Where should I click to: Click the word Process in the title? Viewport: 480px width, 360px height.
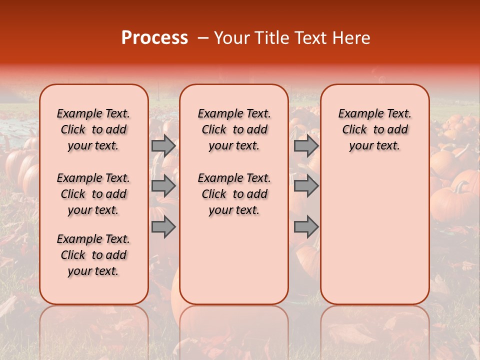coord(154,38)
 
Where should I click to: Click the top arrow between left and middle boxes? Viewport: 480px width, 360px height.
coord(163,145)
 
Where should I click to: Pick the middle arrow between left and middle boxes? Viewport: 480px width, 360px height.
coord(163,186)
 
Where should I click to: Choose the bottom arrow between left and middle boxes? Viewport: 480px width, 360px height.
coord(163,227)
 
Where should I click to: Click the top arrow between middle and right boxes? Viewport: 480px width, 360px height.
coord(306,145)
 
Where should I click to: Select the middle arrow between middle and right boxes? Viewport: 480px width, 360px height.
coord(306,186)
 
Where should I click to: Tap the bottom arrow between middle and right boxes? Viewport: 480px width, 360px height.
coord(306,227)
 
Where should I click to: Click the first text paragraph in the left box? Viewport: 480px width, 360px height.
coord(93,129)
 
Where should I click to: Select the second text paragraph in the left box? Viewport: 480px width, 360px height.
coord(93,194)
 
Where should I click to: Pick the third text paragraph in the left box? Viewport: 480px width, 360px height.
coord(93,255)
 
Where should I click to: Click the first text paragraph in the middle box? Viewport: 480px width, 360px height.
coord(234,129)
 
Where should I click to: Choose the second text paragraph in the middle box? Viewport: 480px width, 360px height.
coord(234,194)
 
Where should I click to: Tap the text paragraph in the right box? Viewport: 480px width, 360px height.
coord(375,129)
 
